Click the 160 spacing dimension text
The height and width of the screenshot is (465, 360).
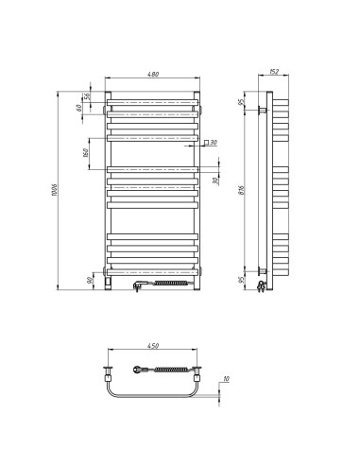click(x=87, y=152)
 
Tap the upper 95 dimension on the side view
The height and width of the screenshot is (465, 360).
click(x=243, y=102)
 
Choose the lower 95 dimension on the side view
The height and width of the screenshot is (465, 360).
click(x=243, y=279)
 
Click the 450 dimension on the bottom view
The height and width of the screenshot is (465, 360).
click(x=153, y=346)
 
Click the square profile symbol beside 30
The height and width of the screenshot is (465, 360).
click(x=205, y=142)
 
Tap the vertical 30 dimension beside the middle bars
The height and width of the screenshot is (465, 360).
click(x=215, y=180)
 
